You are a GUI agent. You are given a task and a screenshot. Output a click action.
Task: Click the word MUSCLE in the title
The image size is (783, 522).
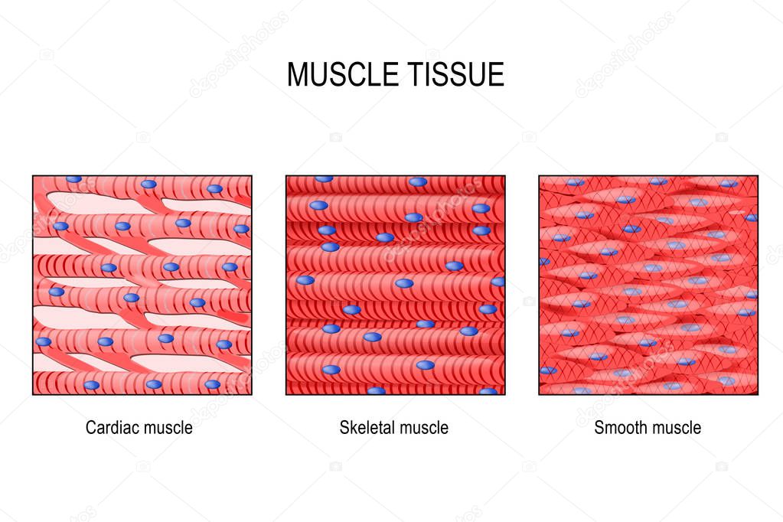tap(342, 75)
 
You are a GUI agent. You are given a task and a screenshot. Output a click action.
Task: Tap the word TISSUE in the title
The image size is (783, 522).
tap(455, 75)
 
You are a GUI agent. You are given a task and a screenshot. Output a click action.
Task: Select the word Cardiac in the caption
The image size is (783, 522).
tap(113, 428)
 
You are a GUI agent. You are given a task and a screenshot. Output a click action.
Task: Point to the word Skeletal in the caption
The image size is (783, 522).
tap(368, 428)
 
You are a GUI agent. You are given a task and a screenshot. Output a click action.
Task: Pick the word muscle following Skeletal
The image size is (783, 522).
tap(425, 428)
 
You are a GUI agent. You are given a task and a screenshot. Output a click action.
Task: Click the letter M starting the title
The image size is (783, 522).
tap(298, 75)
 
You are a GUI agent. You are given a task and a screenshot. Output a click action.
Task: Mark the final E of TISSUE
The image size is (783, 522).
tap(496, 75)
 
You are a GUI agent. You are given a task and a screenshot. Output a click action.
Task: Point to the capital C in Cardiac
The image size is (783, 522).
tap(91, 428)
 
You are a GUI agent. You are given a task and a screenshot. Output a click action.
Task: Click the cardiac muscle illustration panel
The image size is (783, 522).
tap(142, 285)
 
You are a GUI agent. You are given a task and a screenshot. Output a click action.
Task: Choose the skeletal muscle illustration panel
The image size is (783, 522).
tap(396, 285)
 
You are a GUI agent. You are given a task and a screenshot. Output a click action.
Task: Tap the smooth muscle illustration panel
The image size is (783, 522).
tap(648, 285)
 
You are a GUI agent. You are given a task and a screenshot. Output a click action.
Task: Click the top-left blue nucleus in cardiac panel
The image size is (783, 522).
tap(74, 179)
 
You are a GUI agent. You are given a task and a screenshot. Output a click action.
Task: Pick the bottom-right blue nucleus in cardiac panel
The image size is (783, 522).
tap(213, 384)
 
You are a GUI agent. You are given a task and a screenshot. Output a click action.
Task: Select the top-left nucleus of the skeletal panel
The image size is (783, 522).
tap(324, 179)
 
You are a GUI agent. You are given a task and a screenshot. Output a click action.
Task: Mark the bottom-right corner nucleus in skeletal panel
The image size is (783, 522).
tap(488, 392)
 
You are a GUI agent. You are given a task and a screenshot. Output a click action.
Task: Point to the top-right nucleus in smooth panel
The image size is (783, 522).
tap(729, 184)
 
